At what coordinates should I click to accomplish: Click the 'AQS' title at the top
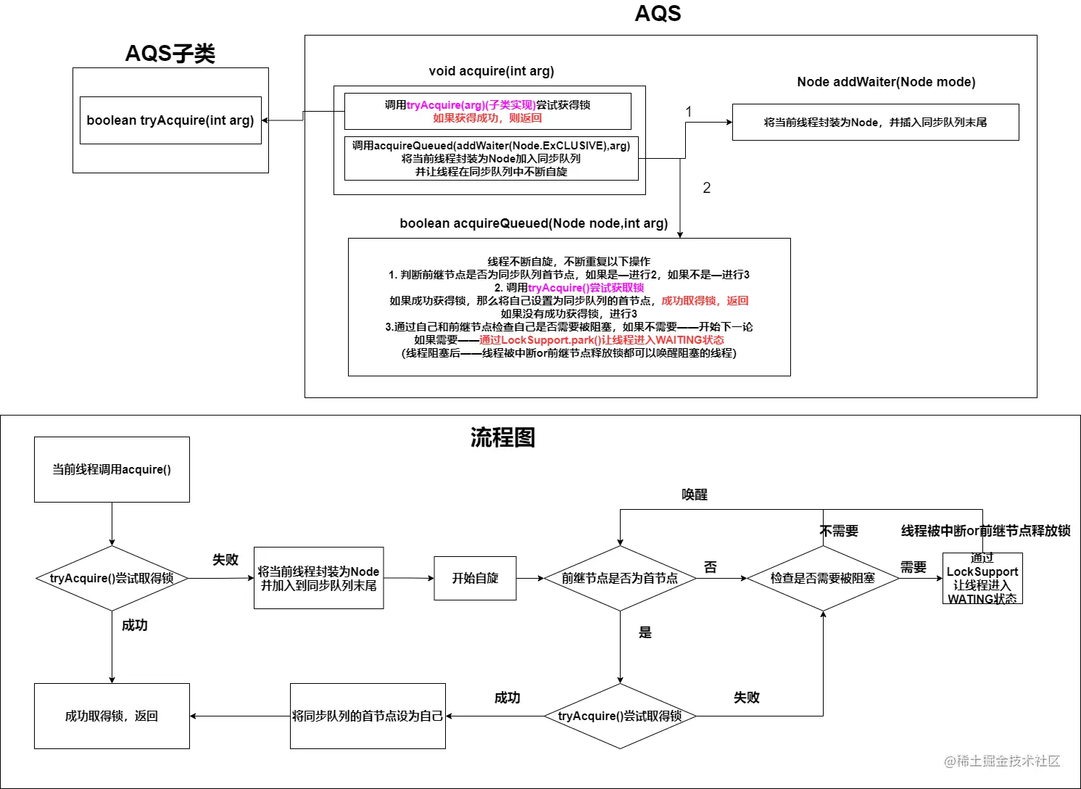pyautogui.click(x=658, y=14)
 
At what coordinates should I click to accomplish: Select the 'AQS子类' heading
pyautogui.click(x=170, y=54)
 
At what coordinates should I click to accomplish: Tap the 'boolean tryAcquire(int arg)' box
pyautogui.click(x=170, y=120)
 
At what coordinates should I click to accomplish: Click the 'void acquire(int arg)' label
pyautogui.click(x=491, y=71)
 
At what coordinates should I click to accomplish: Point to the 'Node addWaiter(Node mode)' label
pyautogui.click(x=886, y=82)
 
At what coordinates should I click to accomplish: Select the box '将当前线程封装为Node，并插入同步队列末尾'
pyautogui.click(x=875, y=123)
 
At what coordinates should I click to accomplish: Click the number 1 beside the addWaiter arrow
pyautogui.click(x=689, y=112)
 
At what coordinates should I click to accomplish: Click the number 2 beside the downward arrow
pyautogui.click(x=706, y=188)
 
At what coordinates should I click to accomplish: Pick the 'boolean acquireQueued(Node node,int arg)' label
pyautogui.click(x=534, y=223)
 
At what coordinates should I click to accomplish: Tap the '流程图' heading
pyautogui.click(x=502, y=437)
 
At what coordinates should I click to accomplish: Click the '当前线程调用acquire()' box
pyautogui.click(x=112, y=469)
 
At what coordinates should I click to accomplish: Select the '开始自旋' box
pyautogui.click(x=475, y=578)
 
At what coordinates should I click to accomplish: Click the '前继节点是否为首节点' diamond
pyautogui.click(x=620, y=578)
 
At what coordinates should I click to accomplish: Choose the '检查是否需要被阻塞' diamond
pyautogui.click(x=823, y=578)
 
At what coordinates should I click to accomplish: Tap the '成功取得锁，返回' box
pyautogui.click(x=112, y=716)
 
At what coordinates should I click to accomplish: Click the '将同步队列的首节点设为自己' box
pyautogui.click(x=368, y=716)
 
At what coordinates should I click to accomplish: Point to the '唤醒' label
pyautogui.click(x=694, y=495)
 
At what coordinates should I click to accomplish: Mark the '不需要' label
pyautogui.click(x=839, y=531)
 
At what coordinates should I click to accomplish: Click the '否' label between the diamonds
pyautogui.click(x=711, y=567)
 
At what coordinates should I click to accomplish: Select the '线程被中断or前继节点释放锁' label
pyautogui.click(x=985, y=531)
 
